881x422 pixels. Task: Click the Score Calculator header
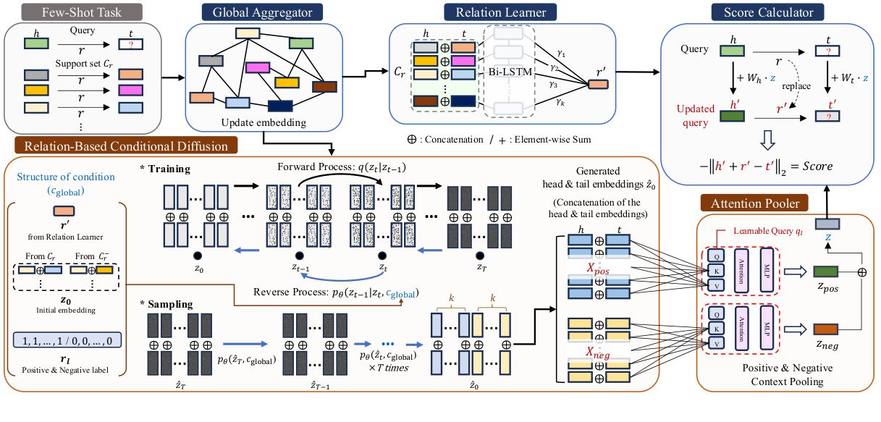point(768,12)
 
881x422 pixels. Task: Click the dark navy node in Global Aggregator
point(279,106)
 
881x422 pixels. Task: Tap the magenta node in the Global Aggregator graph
point(258,67)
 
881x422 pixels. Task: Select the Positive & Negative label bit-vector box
point(68,339)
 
